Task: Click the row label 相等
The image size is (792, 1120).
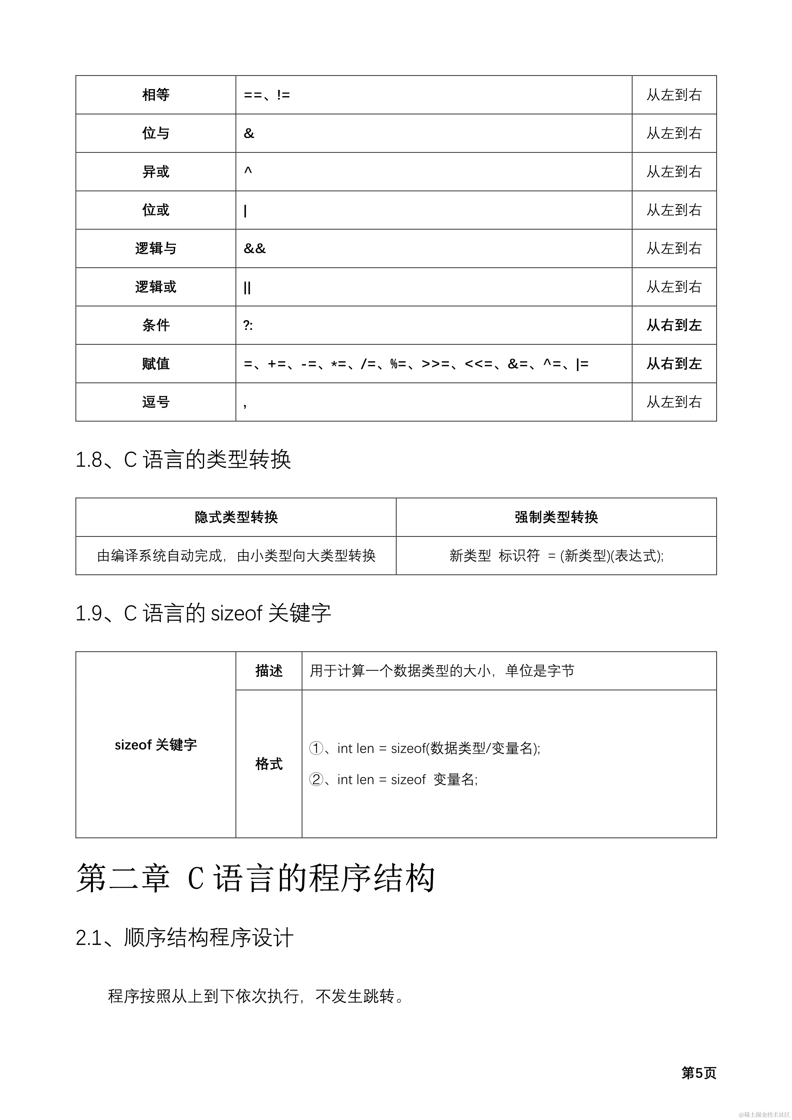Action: coord(156,95)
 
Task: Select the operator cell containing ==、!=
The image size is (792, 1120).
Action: coord(267,95)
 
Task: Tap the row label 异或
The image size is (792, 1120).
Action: coord(156,172)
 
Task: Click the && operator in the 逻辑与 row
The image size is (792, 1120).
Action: coord(255,248)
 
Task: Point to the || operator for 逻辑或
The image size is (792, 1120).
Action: coord(247,287)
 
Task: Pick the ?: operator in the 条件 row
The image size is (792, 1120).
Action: coord(248,325)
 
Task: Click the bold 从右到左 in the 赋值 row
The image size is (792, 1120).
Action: coord(674,363)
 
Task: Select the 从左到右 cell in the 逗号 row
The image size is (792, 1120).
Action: coord(674,402)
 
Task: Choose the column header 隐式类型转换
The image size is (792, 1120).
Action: coord(236,517)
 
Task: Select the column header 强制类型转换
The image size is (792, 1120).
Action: coord(556,517)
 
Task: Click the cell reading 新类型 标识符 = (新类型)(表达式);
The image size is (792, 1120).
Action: coord(556,556)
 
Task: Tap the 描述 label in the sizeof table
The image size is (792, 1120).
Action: coord(269,671)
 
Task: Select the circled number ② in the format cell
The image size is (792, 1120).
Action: coord(316,780)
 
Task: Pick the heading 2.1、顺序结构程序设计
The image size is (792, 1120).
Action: coord(184,938)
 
